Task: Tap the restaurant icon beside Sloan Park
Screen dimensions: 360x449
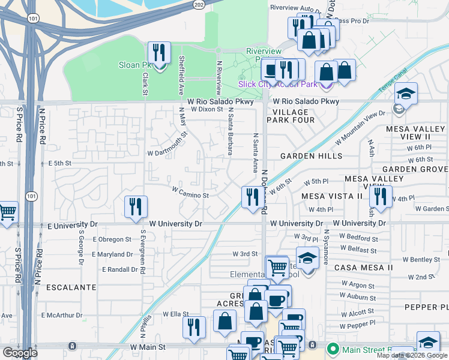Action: click(x=159, y=53)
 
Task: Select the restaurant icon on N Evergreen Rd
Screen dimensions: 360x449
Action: click(x=136, y=207)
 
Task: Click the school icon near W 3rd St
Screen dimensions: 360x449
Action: click(x=307, y=259)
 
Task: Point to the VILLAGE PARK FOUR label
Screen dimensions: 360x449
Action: click(x=294, y=116)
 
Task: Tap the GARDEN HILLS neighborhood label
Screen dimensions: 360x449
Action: click(x=311, y=156)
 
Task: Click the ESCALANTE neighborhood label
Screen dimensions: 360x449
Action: click(x=70, y=287)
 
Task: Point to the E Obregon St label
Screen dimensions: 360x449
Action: click(x=112, y=239)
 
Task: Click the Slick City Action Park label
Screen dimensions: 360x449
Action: click(x=278, y=84)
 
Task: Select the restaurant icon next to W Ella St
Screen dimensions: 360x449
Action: click(x=194, y=328)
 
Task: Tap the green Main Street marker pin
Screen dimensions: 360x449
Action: click(x=332, y=348)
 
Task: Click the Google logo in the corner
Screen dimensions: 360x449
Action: click(x=20, y=353)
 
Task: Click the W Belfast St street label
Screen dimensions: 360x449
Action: click(x=358, y=250)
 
